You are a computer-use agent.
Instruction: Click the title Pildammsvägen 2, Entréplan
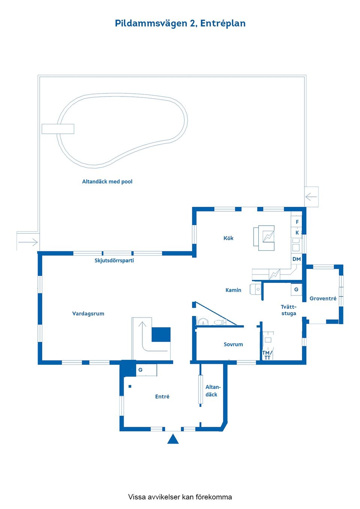180,23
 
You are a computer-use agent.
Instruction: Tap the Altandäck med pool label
107,181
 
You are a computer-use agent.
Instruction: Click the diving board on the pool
58,129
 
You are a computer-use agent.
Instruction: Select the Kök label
228,238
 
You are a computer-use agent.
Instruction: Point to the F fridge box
297,222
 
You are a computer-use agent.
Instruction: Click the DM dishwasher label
297,259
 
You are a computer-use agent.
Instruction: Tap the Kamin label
233,290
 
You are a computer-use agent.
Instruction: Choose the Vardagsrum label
88,314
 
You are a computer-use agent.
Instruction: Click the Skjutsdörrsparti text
114,260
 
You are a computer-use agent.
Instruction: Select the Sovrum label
233,344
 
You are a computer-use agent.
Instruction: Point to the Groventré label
323,299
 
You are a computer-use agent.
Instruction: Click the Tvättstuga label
289,310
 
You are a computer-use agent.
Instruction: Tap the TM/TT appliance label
267,355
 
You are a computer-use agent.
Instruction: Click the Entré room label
162,397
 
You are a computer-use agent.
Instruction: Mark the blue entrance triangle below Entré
173,439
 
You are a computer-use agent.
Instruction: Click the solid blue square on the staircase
161,334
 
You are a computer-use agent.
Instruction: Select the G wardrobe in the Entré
141,370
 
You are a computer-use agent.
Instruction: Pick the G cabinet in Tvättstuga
296,289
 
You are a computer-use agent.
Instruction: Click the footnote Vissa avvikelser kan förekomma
180,497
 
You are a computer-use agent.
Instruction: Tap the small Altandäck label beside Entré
213,391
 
